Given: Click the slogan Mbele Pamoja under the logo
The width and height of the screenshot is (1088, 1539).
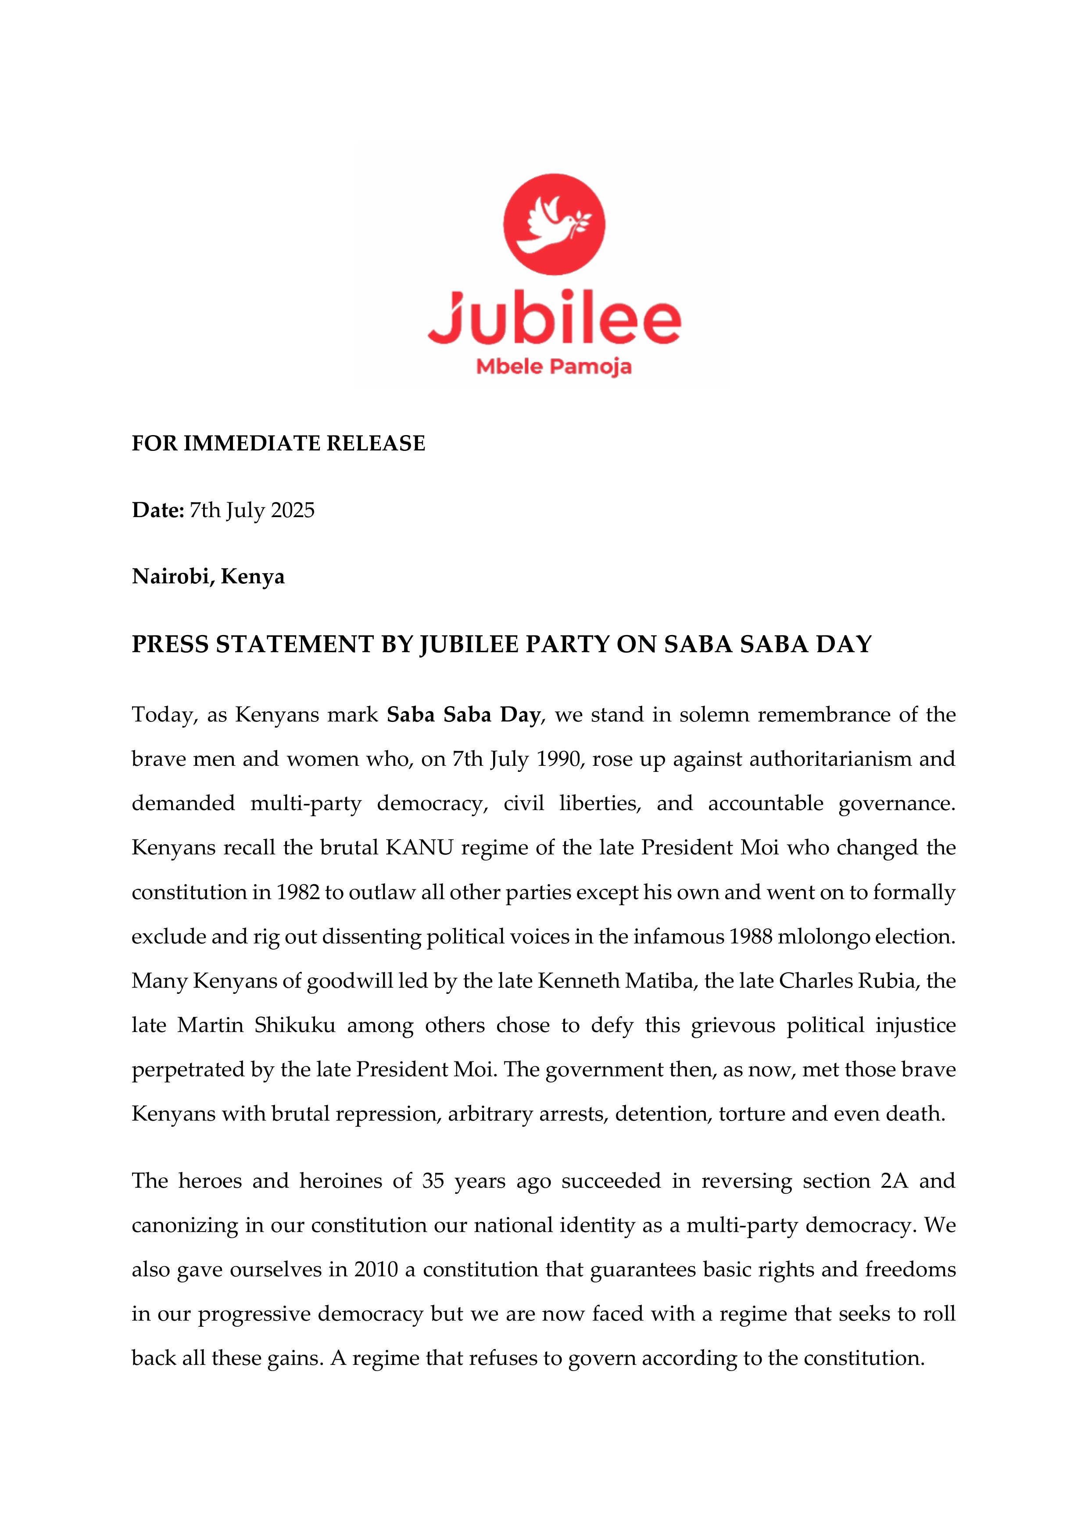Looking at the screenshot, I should [x=554, y=367].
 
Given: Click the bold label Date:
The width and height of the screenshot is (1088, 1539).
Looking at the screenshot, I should [x=157, y=511].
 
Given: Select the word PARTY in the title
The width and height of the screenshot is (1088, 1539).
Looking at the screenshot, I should [x=567, y=644].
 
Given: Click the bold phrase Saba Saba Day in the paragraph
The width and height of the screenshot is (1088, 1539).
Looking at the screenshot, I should [x=463, y=715].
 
